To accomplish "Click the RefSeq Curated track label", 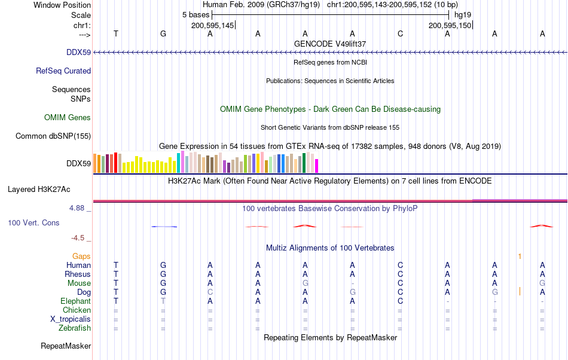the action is [x=63, y=71].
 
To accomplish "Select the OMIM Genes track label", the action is [x=68, y=118].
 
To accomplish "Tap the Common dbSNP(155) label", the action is [x=53, y=136].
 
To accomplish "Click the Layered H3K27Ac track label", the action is [x=39, y=190].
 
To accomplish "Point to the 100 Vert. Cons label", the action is [x=33, y=223].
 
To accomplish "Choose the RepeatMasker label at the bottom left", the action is [x=66, y=346].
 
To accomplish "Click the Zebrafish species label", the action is [x=75, y=328].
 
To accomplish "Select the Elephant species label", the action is [x=76, y=301].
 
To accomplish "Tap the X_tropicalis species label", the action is [x=71, y=319].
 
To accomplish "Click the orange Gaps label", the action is [x=81, y=257].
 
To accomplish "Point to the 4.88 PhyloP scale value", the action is [x=77, y=208].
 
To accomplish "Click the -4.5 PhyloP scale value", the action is [x=78, y=238].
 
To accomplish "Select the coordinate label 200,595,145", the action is [x=213, y=26].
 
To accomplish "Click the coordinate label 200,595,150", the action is [x=450, y=26].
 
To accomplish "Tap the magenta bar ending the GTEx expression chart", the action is [x=317, y=166].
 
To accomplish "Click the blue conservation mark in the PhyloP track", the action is [x=164, y=227].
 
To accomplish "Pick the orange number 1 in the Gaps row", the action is [x=520, y=257].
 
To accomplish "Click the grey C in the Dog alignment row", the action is [x=210, y=292].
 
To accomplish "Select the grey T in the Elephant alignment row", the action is [x=163, y=301].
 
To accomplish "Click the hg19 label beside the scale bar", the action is [x=463, y=15].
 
